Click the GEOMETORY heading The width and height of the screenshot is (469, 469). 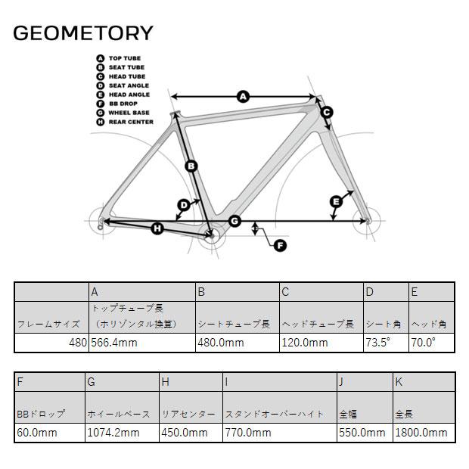point(83,33)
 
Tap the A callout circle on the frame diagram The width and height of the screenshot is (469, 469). point(243,97)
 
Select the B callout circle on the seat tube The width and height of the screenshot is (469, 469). point(191,166)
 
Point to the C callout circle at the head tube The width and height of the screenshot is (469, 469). point(327,113)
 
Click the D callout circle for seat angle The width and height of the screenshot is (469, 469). point(184,206)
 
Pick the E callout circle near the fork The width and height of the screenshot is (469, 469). point(336,202)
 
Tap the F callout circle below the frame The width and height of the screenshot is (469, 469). point(280,246)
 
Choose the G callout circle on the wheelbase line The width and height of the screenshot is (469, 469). point(234,222)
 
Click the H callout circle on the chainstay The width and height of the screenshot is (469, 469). point(157,229)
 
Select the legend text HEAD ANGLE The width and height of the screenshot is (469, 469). point(129,95)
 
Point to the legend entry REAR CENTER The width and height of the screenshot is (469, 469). point(131,122)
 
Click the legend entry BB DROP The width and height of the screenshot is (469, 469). point(123,104)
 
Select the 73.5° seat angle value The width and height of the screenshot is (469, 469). point(378,343)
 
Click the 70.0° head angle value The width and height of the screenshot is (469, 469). point(424,343)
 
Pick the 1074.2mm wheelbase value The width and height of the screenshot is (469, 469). point(113,433)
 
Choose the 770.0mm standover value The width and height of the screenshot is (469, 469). point(248,433)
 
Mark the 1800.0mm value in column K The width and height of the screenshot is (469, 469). point(421,433)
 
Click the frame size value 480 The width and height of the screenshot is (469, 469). point(78,343)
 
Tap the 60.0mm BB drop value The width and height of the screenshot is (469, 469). point(37,433)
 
